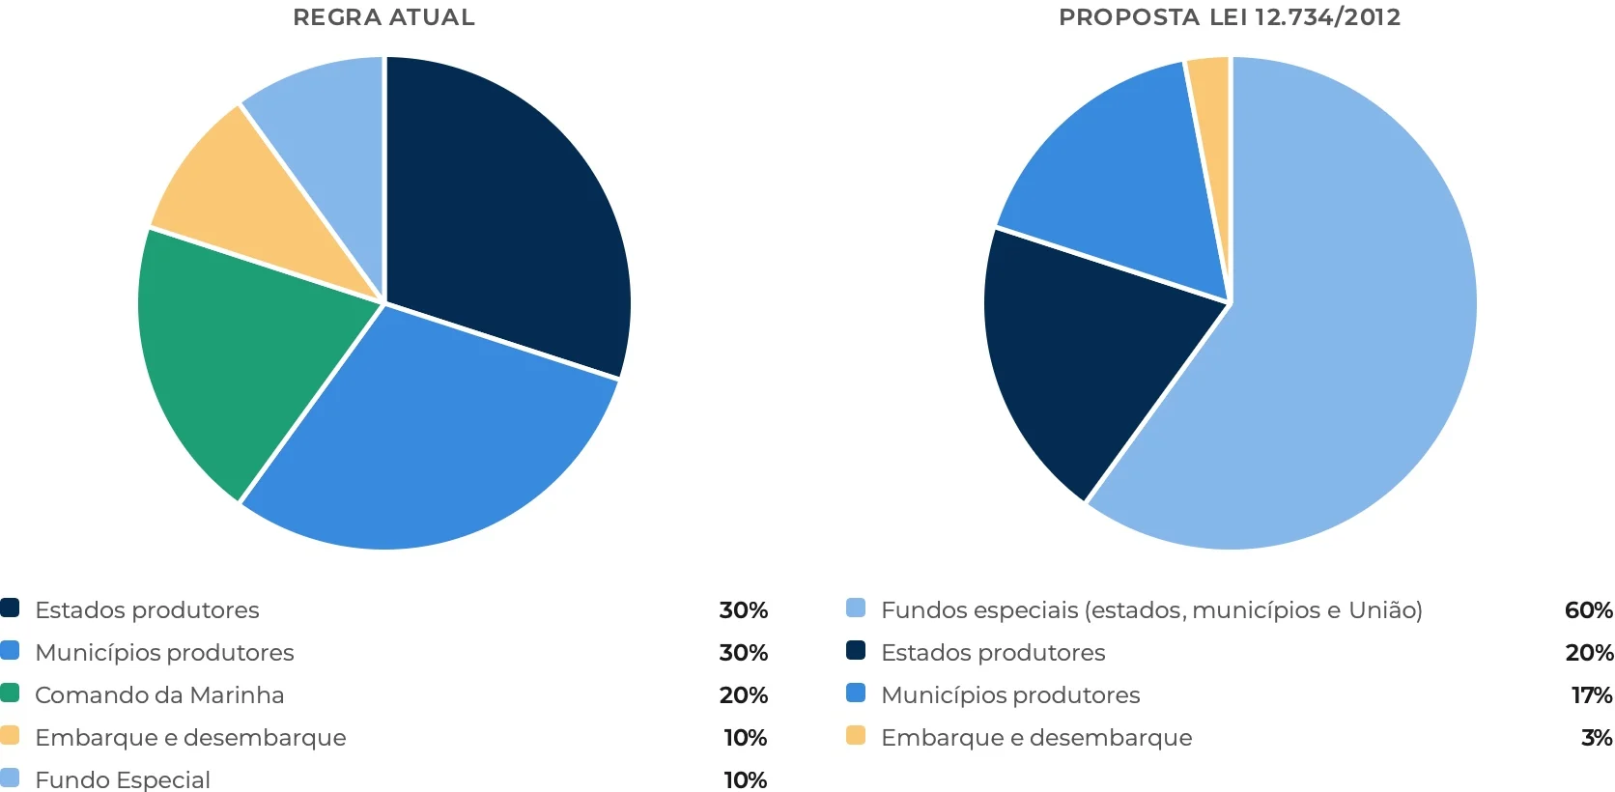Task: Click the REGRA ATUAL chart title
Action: pyautogui.click(x=383, y=17)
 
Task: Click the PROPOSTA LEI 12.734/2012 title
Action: pyautogui.click(x=1229, y=17)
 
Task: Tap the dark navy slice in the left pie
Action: pyautogui.click(x=502, y=212)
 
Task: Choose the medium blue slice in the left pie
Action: pyautogui.click(x=425, y=444)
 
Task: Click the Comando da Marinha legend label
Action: pyautogui.click(x=159, y=695)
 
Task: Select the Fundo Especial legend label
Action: pyautogui.click(x=123, y=779)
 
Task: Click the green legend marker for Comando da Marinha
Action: pyautogui.click(x=10, y=693)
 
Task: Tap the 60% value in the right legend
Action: pyautogui.click(x=1588, y=610)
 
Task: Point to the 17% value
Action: pyautogui.click(x=1591, y=695)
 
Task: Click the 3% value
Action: pyautogui.click(x=1596, y=738)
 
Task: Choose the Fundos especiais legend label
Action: pyautogui.click(x=1151, y=610)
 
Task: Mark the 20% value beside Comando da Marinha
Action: pyautogui.click(x=743, y=695)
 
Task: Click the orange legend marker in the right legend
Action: pyautogui.click(x=856, y=736)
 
